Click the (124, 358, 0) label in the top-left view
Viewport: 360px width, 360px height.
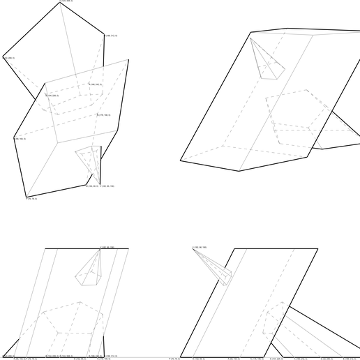(x=65, y=1)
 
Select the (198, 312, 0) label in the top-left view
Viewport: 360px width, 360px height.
(x=110, y=35)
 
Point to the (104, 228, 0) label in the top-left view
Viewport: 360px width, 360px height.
(x=52, y=96)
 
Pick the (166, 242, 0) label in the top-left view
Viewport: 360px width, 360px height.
(x=96, y=85)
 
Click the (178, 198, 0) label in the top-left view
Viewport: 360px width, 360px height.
(x=103, y=115)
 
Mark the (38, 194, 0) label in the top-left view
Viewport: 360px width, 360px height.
(x=20, y=139)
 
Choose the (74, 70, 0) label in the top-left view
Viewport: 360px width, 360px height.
(x=31, y=199)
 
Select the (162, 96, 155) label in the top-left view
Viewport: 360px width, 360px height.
(x=107, y=186)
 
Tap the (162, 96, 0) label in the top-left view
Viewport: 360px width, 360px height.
(x=91, y=186)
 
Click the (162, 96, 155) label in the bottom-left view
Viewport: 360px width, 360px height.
(x=107, y=247)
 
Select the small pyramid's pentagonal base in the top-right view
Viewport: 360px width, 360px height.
(x=272, y=68)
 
